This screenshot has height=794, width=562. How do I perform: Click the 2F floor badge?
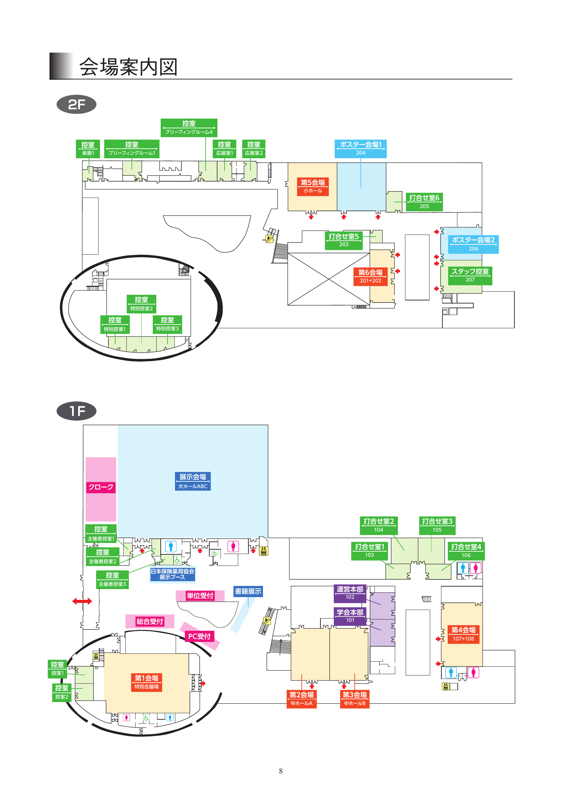click(76, 104)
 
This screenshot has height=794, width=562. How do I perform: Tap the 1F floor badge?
click(76, 411)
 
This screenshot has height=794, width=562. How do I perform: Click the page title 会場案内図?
click(128, 67)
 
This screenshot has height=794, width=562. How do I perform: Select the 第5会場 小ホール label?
click(313, 186)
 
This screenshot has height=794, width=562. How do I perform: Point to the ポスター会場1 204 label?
click(360, 148)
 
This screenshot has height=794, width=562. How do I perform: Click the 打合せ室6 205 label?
click(424, 202)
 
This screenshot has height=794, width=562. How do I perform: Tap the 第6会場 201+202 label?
click(370, 276)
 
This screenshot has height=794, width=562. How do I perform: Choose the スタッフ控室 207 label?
click(470, 275)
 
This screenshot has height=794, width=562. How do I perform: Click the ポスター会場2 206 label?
click(473, 244)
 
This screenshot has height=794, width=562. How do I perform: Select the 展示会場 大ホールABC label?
click(193, 481)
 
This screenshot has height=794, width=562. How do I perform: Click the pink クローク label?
click(101, 487)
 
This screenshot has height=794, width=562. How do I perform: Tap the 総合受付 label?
click(150, 622)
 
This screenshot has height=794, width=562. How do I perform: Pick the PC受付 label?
click(199, 636)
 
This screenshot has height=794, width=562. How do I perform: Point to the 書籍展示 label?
click(248, 591)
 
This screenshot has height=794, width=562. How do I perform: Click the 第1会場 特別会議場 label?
click(146, 682)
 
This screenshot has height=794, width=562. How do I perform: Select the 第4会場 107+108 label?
click(463, 634)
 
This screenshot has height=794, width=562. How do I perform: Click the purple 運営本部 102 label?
click(350, 593)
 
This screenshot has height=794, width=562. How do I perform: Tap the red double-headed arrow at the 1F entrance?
click(82, 602)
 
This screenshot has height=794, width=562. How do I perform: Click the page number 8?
click(281, 771)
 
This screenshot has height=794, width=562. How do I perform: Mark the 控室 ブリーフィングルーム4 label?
click(189, 128)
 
